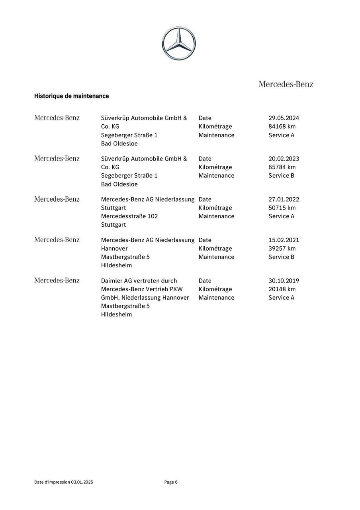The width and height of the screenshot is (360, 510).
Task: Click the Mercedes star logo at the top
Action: (x=179, y=43)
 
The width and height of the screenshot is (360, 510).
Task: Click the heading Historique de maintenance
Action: (x=71, y=96)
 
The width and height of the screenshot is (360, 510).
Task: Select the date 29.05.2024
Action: (x=284, y=118)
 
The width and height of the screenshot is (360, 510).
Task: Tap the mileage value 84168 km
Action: (x=282, y=126)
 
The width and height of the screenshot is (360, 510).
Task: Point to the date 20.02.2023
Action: (x=284, y=159)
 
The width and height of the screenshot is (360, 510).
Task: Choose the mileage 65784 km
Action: (x=282, y=167)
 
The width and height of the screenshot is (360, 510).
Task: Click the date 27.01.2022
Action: (x=284, y=199)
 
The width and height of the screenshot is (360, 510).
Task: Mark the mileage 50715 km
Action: (x=282, y=208)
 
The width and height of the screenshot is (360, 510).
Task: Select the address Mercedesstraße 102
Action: (x=129, y=216)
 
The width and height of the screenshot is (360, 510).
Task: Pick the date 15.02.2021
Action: (x=284, y=240)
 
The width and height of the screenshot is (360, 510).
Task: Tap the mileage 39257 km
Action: (x=282, y=248)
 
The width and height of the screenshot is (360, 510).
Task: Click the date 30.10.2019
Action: (x=284, y=280)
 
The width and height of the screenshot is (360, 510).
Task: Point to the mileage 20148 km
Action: (x=282, y=289)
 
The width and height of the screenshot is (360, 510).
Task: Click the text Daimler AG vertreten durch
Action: (x=139, y=280)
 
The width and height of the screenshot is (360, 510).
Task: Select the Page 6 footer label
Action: (x=171, y=482)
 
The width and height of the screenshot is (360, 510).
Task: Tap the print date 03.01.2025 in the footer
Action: (x=82, y=482)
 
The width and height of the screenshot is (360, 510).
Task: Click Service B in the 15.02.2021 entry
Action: (x=281, y=257)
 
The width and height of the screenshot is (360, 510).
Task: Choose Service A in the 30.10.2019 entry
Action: (x=281, y=297)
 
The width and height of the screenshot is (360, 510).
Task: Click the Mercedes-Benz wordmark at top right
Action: (x=286, y=84)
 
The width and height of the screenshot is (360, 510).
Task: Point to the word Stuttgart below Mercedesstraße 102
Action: (x=113, y=225)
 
